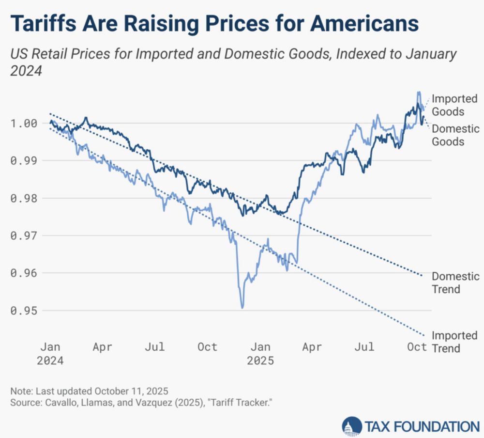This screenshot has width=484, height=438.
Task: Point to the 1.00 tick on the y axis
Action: (x=24, y=123)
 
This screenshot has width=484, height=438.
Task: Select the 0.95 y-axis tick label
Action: (x=24, y=311)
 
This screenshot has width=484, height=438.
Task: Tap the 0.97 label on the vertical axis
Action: (x=24, y=235)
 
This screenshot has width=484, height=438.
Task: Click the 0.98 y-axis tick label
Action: (x=24, y=198)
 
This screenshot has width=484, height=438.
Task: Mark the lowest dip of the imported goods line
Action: (x=242, y=307)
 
